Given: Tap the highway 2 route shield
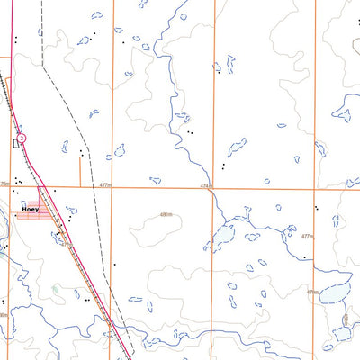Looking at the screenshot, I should coord(23,138).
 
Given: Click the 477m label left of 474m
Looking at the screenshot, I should coord(107,185).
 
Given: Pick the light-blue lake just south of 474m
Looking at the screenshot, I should coord(221,239).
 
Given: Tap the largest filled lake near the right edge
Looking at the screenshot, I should coord(331,293).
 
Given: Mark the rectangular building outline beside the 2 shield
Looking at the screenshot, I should coord(15,142).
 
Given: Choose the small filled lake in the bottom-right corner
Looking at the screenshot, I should coord(344,333).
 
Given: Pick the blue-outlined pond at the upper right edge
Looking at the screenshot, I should coord(344,112).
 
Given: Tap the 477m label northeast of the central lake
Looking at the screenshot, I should coord(307,236).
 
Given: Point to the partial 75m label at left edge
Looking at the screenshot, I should coord(4,184).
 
